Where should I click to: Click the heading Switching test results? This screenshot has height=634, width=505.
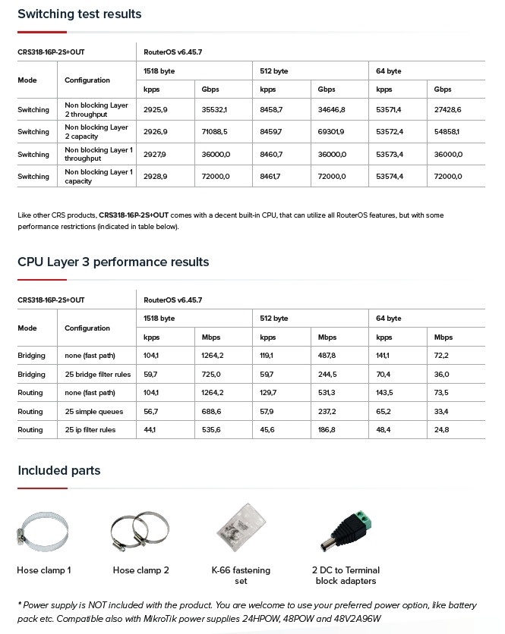[79, 14]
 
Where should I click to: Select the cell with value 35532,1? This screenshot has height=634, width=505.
[214, 110]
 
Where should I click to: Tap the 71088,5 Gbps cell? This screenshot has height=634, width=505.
[214, 132]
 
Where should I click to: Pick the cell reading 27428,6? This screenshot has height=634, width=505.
[447, 110]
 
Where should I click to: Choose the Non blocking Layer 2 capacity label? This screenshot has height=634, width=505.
[96, 132]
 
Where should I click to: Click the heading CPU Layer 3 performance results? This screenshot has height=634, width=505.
[113, 262]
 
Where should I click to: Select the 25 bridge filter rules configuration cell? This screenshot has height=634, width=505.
[98, 375]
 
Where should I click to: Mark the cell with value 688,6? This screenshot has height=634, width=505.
[211, 412]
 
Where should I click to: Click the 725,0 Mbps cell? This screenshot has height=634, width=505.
[211, 375]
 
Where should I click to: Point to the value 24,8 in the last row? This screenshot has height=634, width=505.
[441, 430]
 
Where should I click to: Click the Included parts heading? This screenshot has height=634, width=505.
[58, 471]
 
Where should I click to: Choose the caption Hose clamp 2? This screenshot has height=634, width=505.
[140, 570]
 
